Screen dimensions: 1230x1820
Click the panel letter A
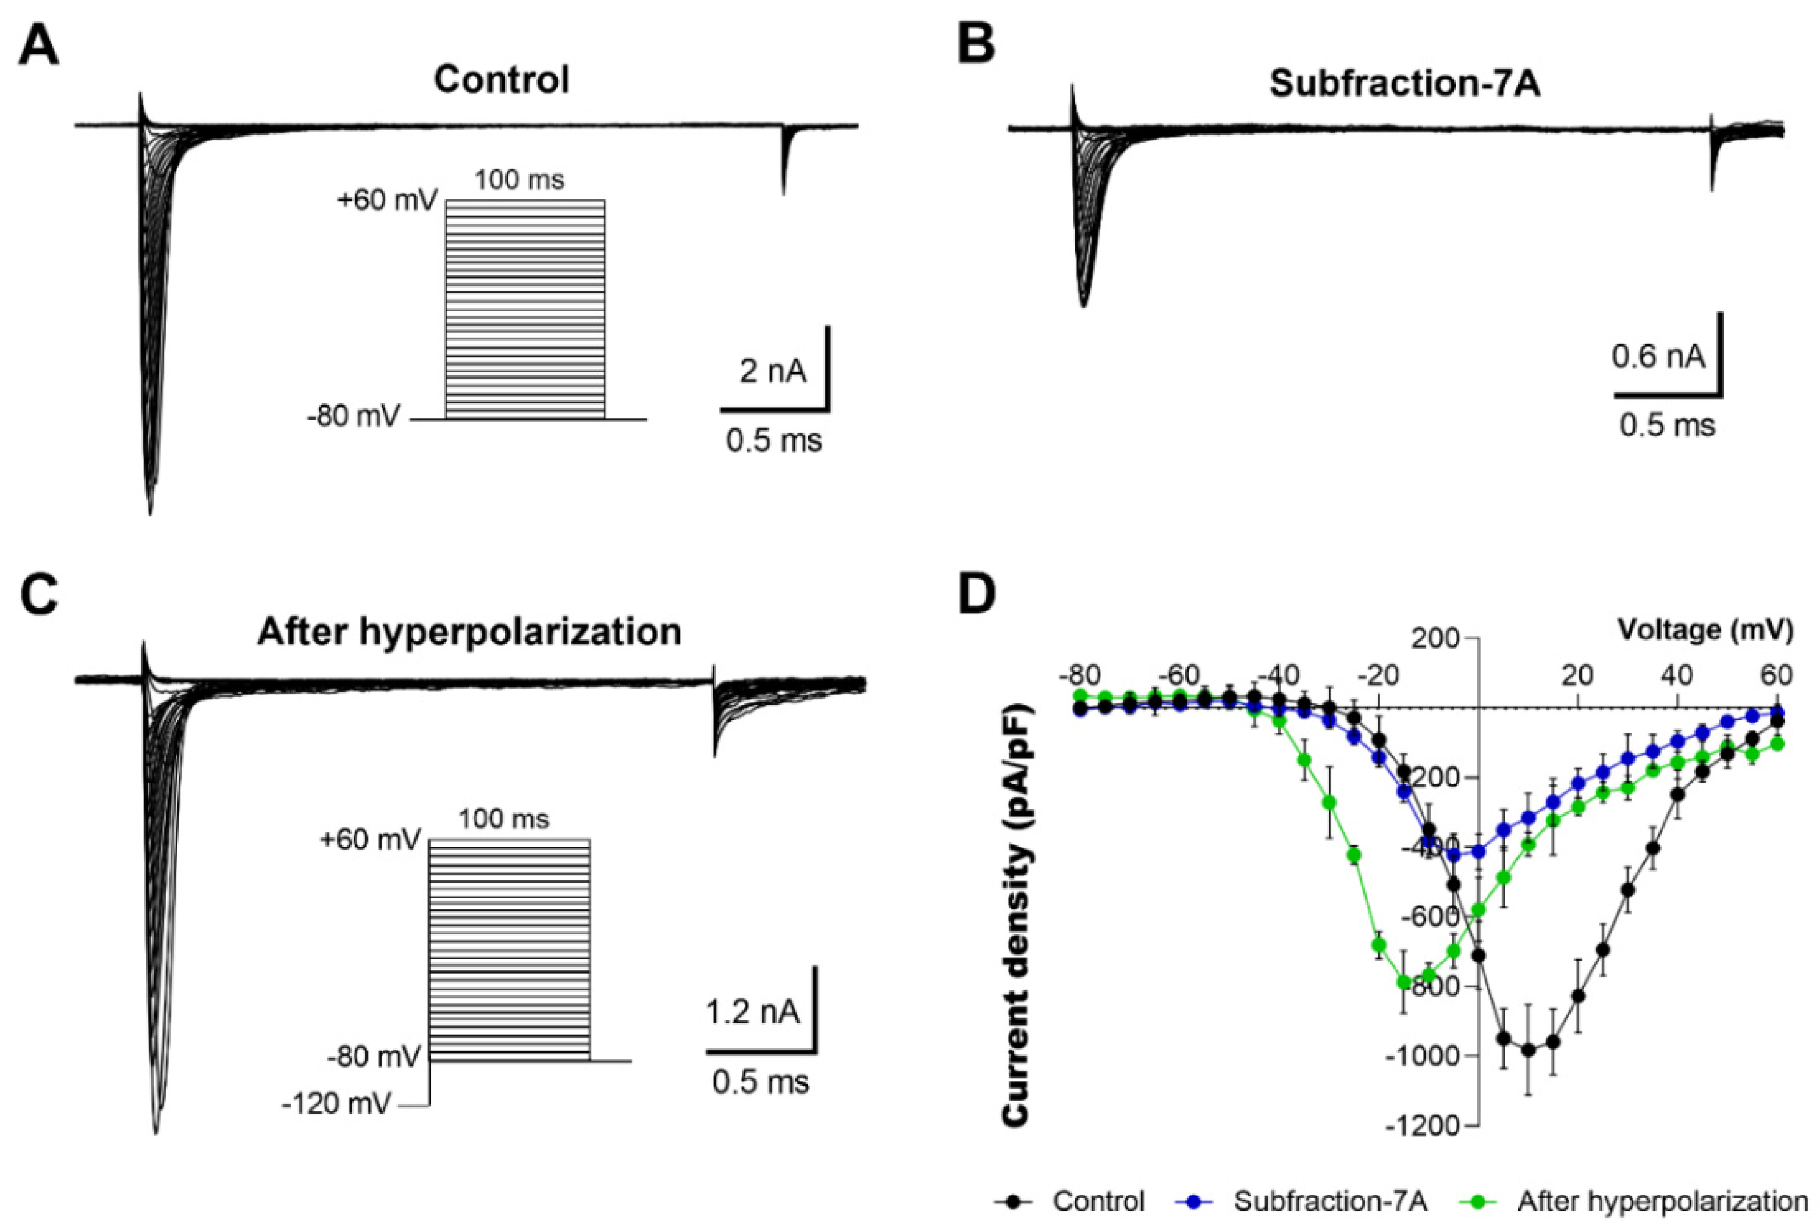[39, 46]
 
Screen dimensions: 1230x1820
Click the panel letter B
[976, 46]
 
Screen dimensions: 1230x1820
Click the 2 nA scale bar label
[772, 371]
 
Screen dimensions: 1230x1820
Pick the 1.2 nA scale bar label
[753, 1012]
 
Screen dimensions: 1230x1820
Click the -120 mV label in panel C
[336, 1104]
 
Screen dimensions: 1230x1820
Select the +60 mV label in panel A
[387, 201]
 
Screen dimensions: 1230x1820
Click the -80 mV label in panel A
[353, 416]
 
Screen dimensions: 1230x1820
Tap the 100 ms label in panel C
[503, 819]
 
